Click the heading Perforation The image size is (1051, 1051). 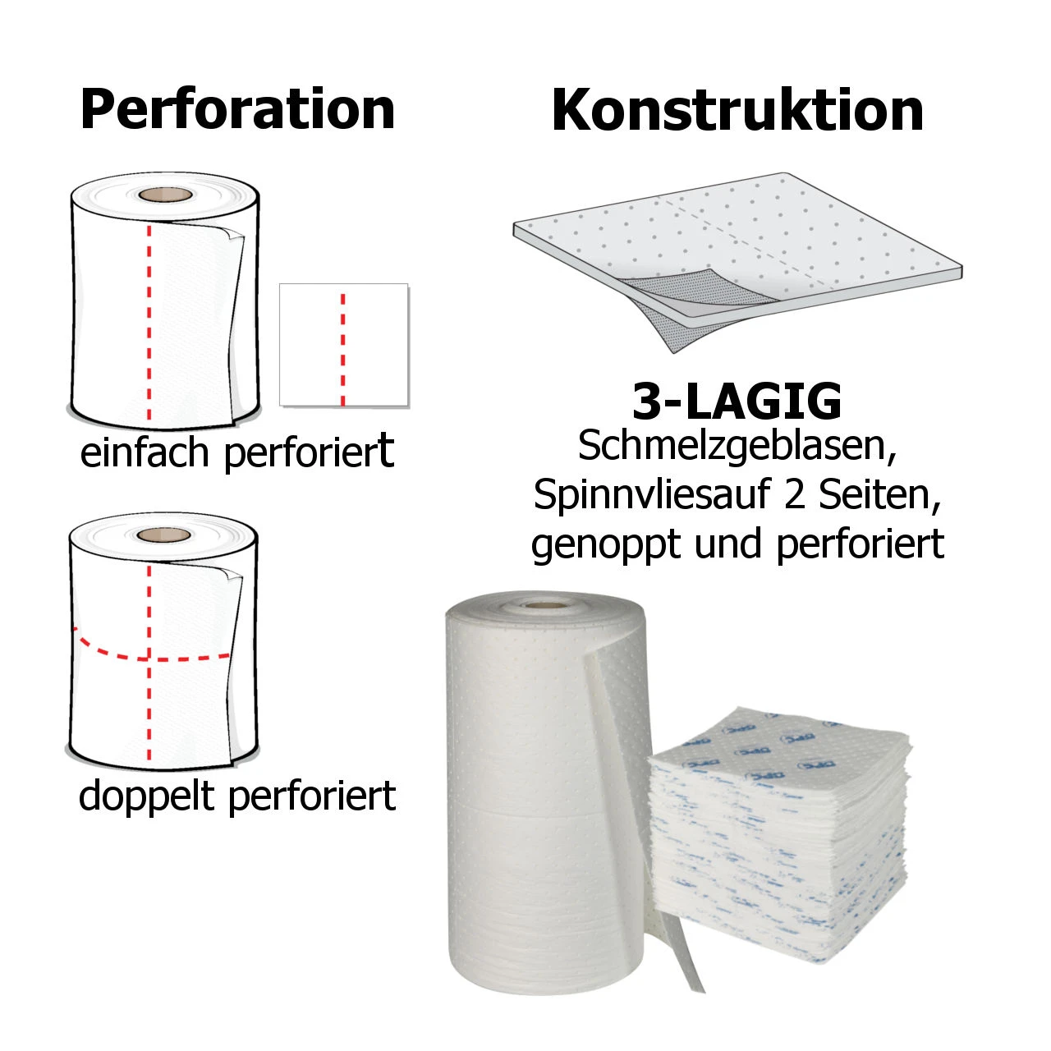pyautogui.click(x=237, y=110)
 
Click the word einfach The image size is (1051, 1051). pyautogui.click(x=144, y=452)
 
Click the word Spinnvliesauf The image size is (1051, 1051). pyautogui.click(x=651, y=495)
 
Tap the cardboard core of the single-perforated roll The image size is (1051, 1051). pyautogui.click(x=165, y=194)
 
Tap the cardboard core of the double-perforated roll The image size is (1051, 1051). pyautogui.click(x=163, y=535)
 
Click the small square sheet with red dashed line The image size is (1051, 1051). pyautogui.click(x=344, y=345)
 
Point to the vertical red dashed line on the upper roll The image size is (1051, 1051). pyautogui.click(x=149, y=323)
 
